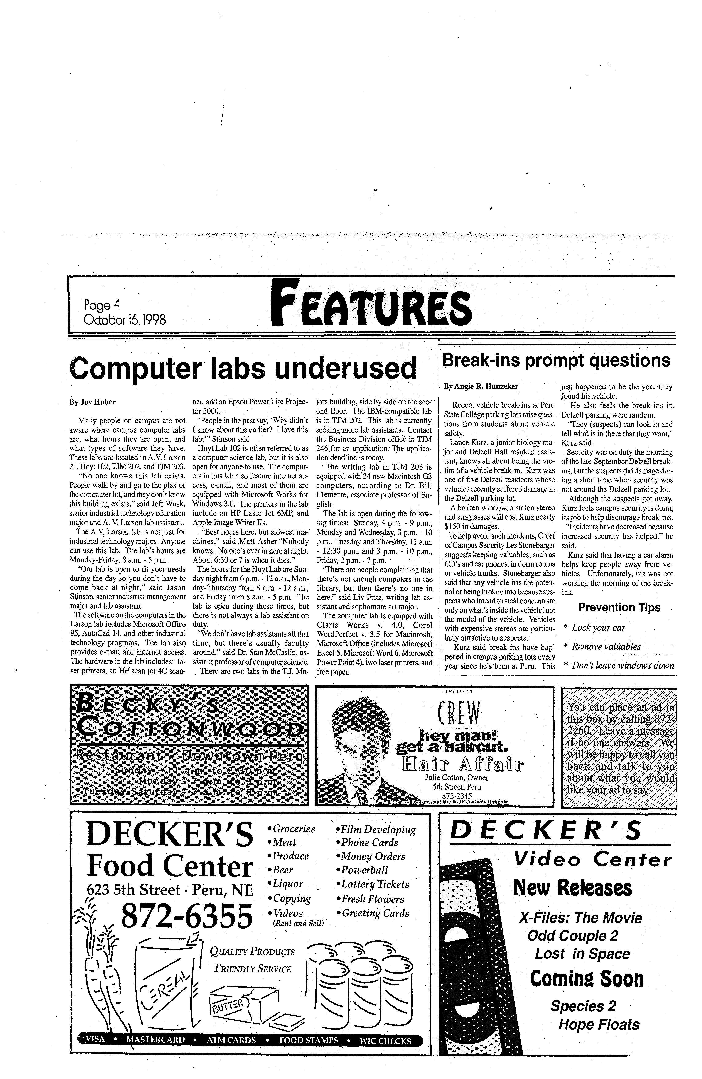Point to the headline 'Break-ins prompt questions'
[x=556, y=360]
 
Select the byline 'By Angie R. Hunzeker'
[x=481, y=387]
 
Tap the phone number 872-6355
[x=186, y=915]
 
